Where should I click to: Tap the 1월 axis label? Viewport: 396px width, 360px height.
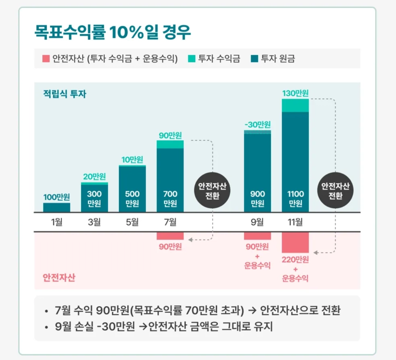pos(57,222)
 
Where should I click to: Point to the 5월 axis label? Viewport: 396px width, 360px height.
pos(132,222)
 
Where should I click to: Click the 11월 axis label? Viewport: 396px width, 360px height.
pos(295,222)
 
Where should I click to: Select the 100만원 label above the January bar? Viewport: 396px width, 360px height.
pos(57,197)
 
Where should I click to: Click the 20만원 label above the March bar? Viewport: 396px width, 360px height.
pos(95,176)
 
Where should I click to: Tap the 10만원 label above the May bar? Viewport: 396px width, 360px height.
pos(132,159)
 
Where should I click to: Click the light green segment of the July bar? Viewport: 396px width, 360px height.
pos(170,144)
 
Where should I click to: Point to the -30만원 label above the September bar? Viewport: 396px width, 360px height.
pos(258,124)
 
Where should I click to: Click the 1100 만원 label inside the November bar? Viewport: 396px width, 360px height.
pos(295,199)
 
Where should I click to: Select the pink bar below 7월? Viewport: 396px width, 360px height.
pos(170,236)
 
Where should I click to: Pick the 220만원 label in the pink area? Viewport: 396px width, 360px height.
pos(295,260)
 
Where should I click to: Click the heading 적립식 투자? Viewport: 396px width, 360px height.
pos(64,94)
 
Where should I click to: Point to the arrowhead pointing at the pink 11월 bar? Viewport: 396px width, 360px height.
pos(316,252)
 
